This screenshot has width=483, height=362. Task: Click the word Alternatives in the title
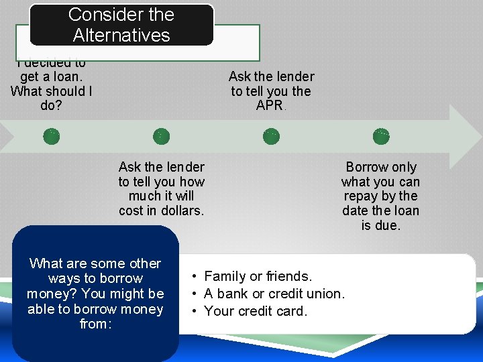[x=121, y=35]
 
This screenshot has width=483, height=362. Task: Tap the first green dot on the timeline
[x=52, y=136]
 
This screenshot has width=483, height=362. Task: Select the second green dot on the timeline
[x=160, y=136]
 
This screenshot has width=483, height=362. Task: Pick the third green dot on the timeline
[x=271, y=136]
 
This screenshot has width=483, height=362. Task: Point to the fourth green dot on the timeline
[x=381, y=136]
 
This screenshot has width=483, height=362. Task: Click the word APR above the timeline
[x=270, y=106]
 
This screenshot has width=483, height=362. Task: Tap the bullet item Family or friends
[x=258, y=276]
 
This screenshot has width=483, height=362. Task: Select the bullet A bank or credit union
[x=274, y=294]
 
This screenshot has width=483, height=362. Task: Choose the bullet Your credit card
[x=255, y=311]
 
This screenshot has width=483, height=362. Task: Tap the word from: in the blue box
[x=95, y=324]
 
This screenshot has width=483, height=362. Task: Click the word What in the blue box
[x=46, y=263]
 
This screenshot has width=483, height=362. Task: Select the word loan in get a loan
[x=70, y=76]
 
